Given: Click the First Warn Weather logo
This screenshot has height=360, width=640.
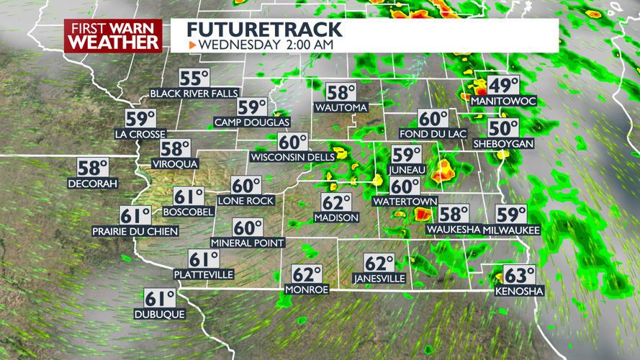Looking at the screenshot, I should point(113,35).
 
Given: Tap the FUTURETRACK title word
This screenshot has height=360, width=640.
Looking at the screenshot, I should point(264,30).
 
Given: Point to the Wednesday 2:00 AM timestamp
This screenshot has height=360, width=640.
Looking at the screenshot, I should point(266,45).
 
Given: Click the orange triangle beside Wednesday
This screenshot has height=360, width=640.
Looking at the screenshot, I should point(192,45).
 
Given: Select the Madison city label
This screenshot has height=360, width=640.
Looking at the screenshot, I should point(336,217).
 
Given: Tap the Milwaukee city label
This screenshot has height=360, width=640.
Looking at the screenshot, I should point(512,230).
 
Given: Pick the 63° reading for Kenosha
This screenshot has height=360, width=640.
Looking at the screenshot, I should point(519,276).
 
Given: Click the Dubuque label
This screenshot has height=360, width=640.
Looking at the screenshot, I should point(160,314).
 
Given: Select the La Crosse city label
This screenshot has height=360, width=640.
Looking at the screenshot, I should point(140,134).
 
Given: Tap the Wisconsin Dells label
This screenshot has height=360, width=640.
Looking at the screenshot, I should point(292,157).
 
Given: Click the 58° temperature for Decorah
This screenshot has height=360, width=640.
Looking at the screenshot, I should point(93,168).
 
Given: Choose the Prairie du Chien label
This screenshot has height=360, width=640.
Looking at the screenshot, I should point(135,231).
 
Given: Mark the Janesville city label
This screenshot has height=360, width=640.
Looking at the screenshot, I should point(379,279).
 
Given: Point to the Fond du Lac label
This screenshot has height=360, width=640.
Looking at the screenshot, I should point(433,134).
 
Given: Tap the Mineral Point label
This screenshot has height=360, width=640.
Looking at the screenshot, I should point(248,243).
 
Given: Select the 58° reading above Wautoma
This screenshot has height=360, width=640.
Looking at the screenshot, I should point(341,93).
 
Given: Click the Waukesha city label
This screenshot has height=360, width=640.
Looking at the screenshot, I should point(454,230).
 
